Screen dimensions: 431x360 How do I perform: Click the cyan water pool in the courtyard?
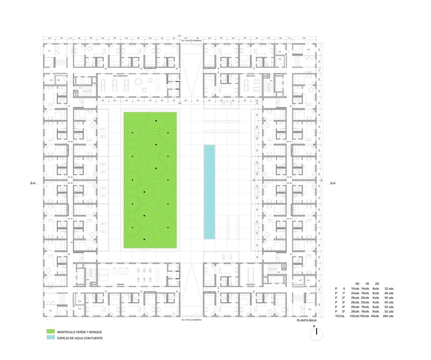pos(209,192)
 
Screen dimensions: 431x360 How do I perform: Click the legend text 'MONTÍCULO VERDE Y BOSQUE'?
pos(79,332)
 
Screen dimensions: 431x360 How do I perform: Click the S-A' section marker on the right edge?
pos(331,183)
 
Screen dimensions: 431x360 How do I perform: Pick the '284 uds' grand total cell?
pos(388,316)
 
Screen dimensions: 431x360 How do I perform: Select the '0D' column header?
pos(357,284)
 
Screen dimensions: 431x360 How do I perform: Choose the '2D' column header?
pos(377,284)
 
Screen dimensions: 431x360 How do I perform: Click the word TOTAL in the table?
pos(340,316)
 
